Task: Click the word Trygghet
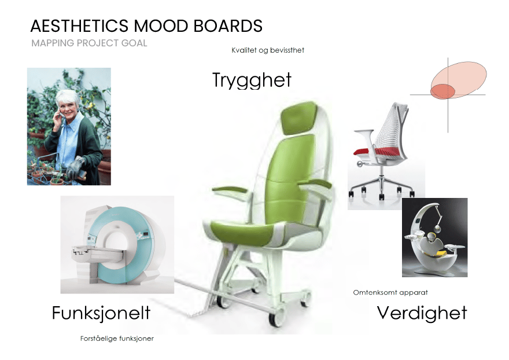point(252,80)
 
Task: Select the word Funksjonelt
point(101,313)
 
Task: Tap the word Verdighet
point(422,313)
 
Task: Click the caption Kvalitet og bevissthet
point(268,50)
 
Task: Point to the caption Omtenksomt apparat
point(390,292)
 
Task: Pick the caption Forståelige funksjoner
point(117,339)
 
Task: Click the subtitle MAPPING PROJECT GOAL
point(89,43)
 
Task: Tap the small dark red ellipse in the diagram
point(442,91)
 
